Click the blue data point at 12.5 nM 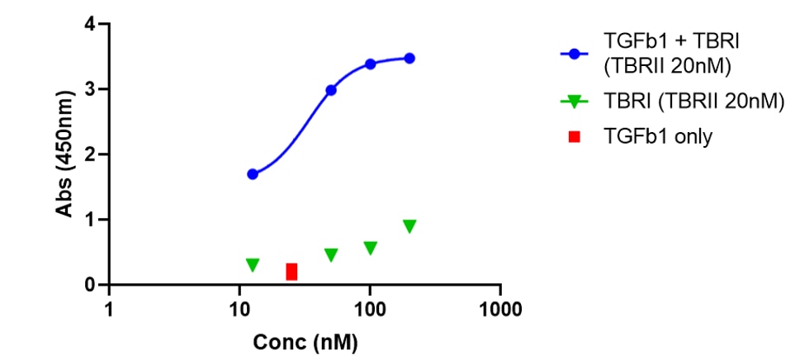[253, 174]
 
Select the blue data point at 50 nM [331, 90]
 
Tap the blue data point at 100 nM [370, 64]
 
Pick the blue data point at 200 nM [409, 59]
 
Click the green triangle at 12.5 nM [253, 265]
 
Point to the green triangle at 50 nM [331, 255]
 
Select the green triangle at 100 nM [370, 248]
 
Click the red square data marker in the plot [291, 272]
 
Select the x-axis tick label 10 [239, 310]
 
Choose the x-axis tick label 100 [369, 310]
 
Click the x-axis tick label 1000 [499, 310]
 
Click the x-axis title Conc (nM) [305, 341]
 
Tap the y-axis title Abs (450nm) [64, 154]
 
